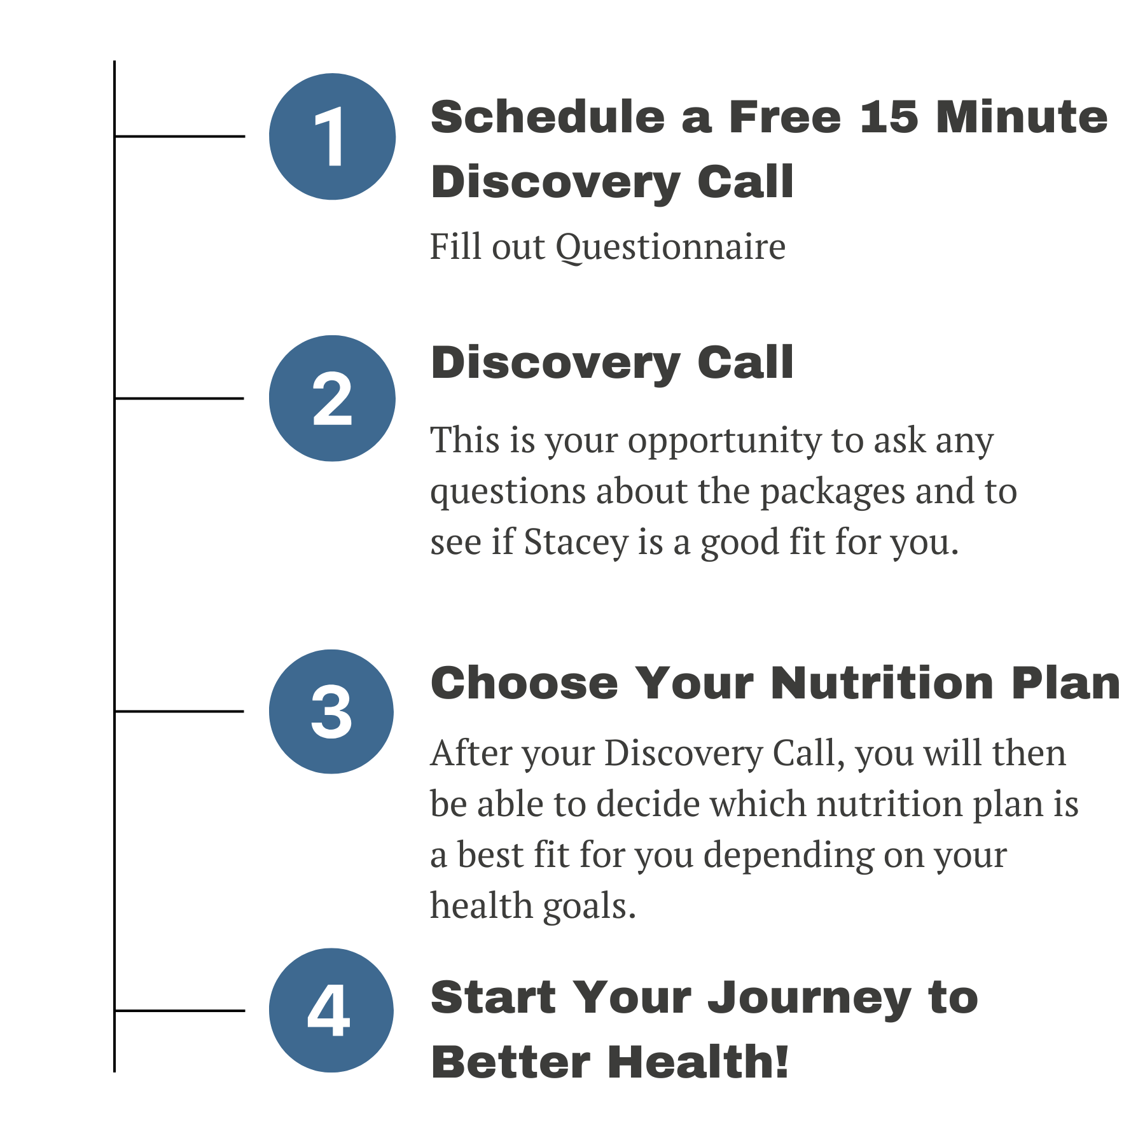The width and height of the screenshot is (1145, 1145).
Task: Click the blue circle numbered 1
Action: pyautogui.click(x=332, y=137)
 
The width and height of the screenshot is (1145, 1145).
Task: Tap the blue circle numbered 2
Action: pyautogui.click(x=332, y=398)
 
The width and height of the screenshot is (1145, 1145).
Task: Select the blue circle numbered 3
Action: pyautogui.click(x=331, y=711)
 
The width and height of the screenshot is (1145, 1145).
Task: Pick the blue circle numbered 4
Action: pyautogui.click(x=331, y=1010)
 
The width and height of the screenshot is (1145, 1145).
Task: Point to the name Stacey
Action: pyautogui.click(x=576, y=543)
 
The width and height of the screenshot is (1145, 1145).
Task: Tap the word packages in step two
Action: pyautogui.click(x=832, y=492)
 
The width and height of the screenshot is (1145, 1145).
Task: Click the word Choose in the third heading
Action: pyautogui.click(x=524, y=684)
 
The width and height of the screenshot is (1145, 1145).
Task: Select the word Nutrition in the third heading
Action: pyautogui.click(x=882, y=684)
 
